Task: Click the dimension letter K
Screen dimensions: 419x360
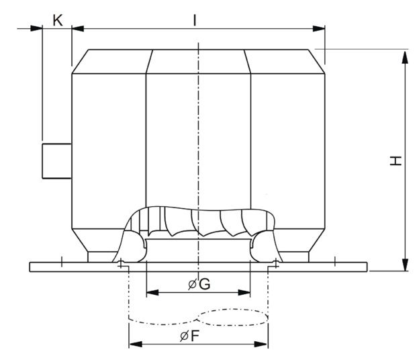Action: (x=58, y=20)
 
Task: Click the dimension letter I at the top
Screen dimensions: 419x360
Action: (x=195, y=20)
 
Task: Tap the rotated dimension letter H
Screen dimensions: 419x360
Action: (x=395, y=161)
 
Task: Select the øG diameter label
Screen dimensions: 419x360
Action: (x=199, y=284)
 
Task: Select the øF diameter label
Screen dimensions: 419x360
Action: (x=190, y=336)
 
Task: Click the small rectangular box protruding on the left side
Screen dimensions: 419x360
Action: (x=56, y=161)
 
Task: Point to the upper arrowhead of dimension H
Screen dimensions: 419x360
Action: (x=405, y=57)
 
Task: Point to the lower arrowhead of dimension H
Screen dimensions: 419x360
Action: (x=405, y=264)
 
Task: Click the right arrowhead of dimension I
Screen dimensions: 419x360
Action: (x=319, y=28)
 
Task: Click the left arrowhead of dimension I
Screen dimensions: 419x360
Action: (x=78, y=28)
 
